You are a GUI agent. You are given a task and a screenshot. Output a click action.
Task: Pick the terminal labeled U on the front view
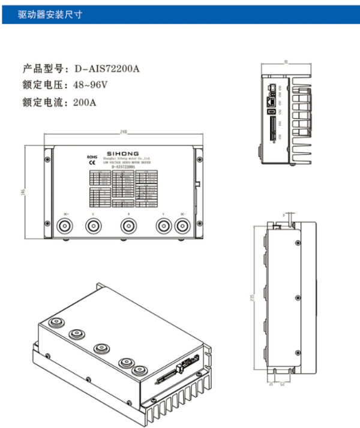coord(92,227)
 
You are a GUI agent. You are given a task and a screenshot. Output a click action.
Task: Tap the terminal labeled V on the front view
coord(163,227)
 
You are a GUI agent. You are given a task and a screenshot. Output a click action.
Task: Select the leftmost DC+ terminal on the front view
coord(65,227)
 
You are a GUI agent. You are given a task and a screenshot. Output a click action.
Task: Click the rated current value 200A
coord(85,102)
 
